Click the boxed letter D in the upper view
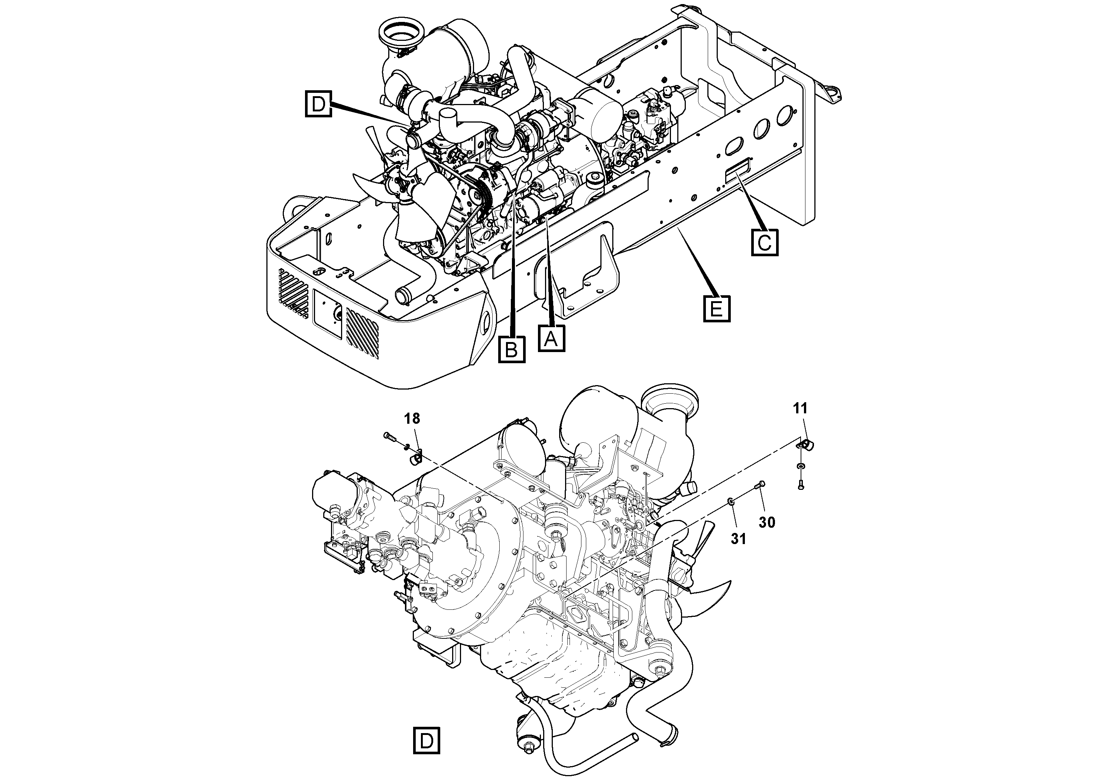coord(318,104)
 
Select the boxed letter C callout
coord(765,242)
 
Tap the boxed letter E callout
coord(717,308)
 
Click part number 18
coord(412,419)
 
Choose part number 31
coord(738,539)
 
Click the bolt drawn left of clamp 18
coord(390,437)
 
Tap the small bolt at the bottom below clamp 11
coord(801,486)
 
